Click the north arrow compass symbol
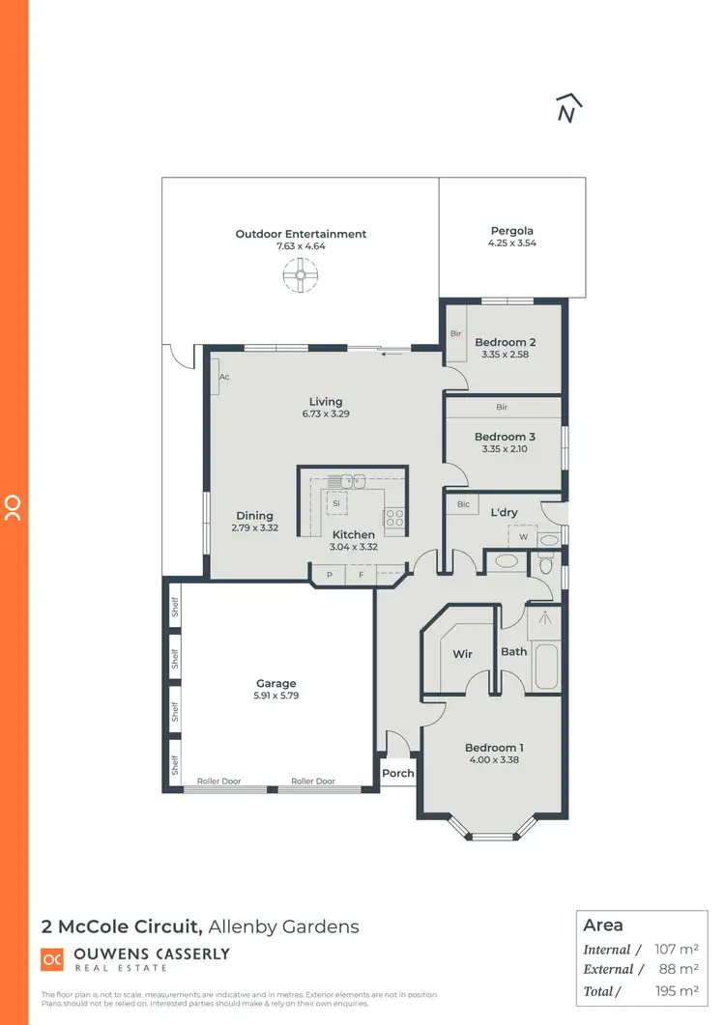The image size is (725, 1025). [570, 109]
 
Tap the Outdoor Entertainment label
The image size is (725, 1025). [301, 234]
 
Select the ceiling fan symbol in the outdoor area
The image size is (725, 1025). [301, 277]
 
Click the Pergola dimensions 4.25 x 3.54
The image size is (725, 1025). [511, 244]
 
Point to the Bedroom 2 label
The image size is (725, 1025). [505, 342]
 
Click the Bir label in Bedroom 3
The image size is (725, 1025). [502, 408]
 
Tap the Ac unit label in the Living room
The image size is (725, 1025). [223, 377]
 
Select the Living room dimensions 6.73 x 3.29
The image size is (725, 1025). [326, 414]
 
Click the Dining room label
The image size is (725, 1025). [254, 516]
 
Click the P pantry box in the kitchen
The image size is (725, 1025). [329, 575]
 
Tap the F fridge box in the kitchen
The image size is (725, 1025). [361, 575]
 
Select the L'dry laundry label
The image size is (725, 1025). [504, 512]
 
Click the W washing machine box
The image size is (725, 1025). [524, 536]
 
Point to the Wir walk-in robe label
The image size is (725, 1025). [462, 654]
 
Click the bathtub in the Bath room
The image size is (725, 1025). [545, 667]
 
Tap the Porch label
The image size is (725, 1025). [398, 773]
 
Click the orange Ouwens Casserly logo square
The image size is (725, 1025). [51, 959]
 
